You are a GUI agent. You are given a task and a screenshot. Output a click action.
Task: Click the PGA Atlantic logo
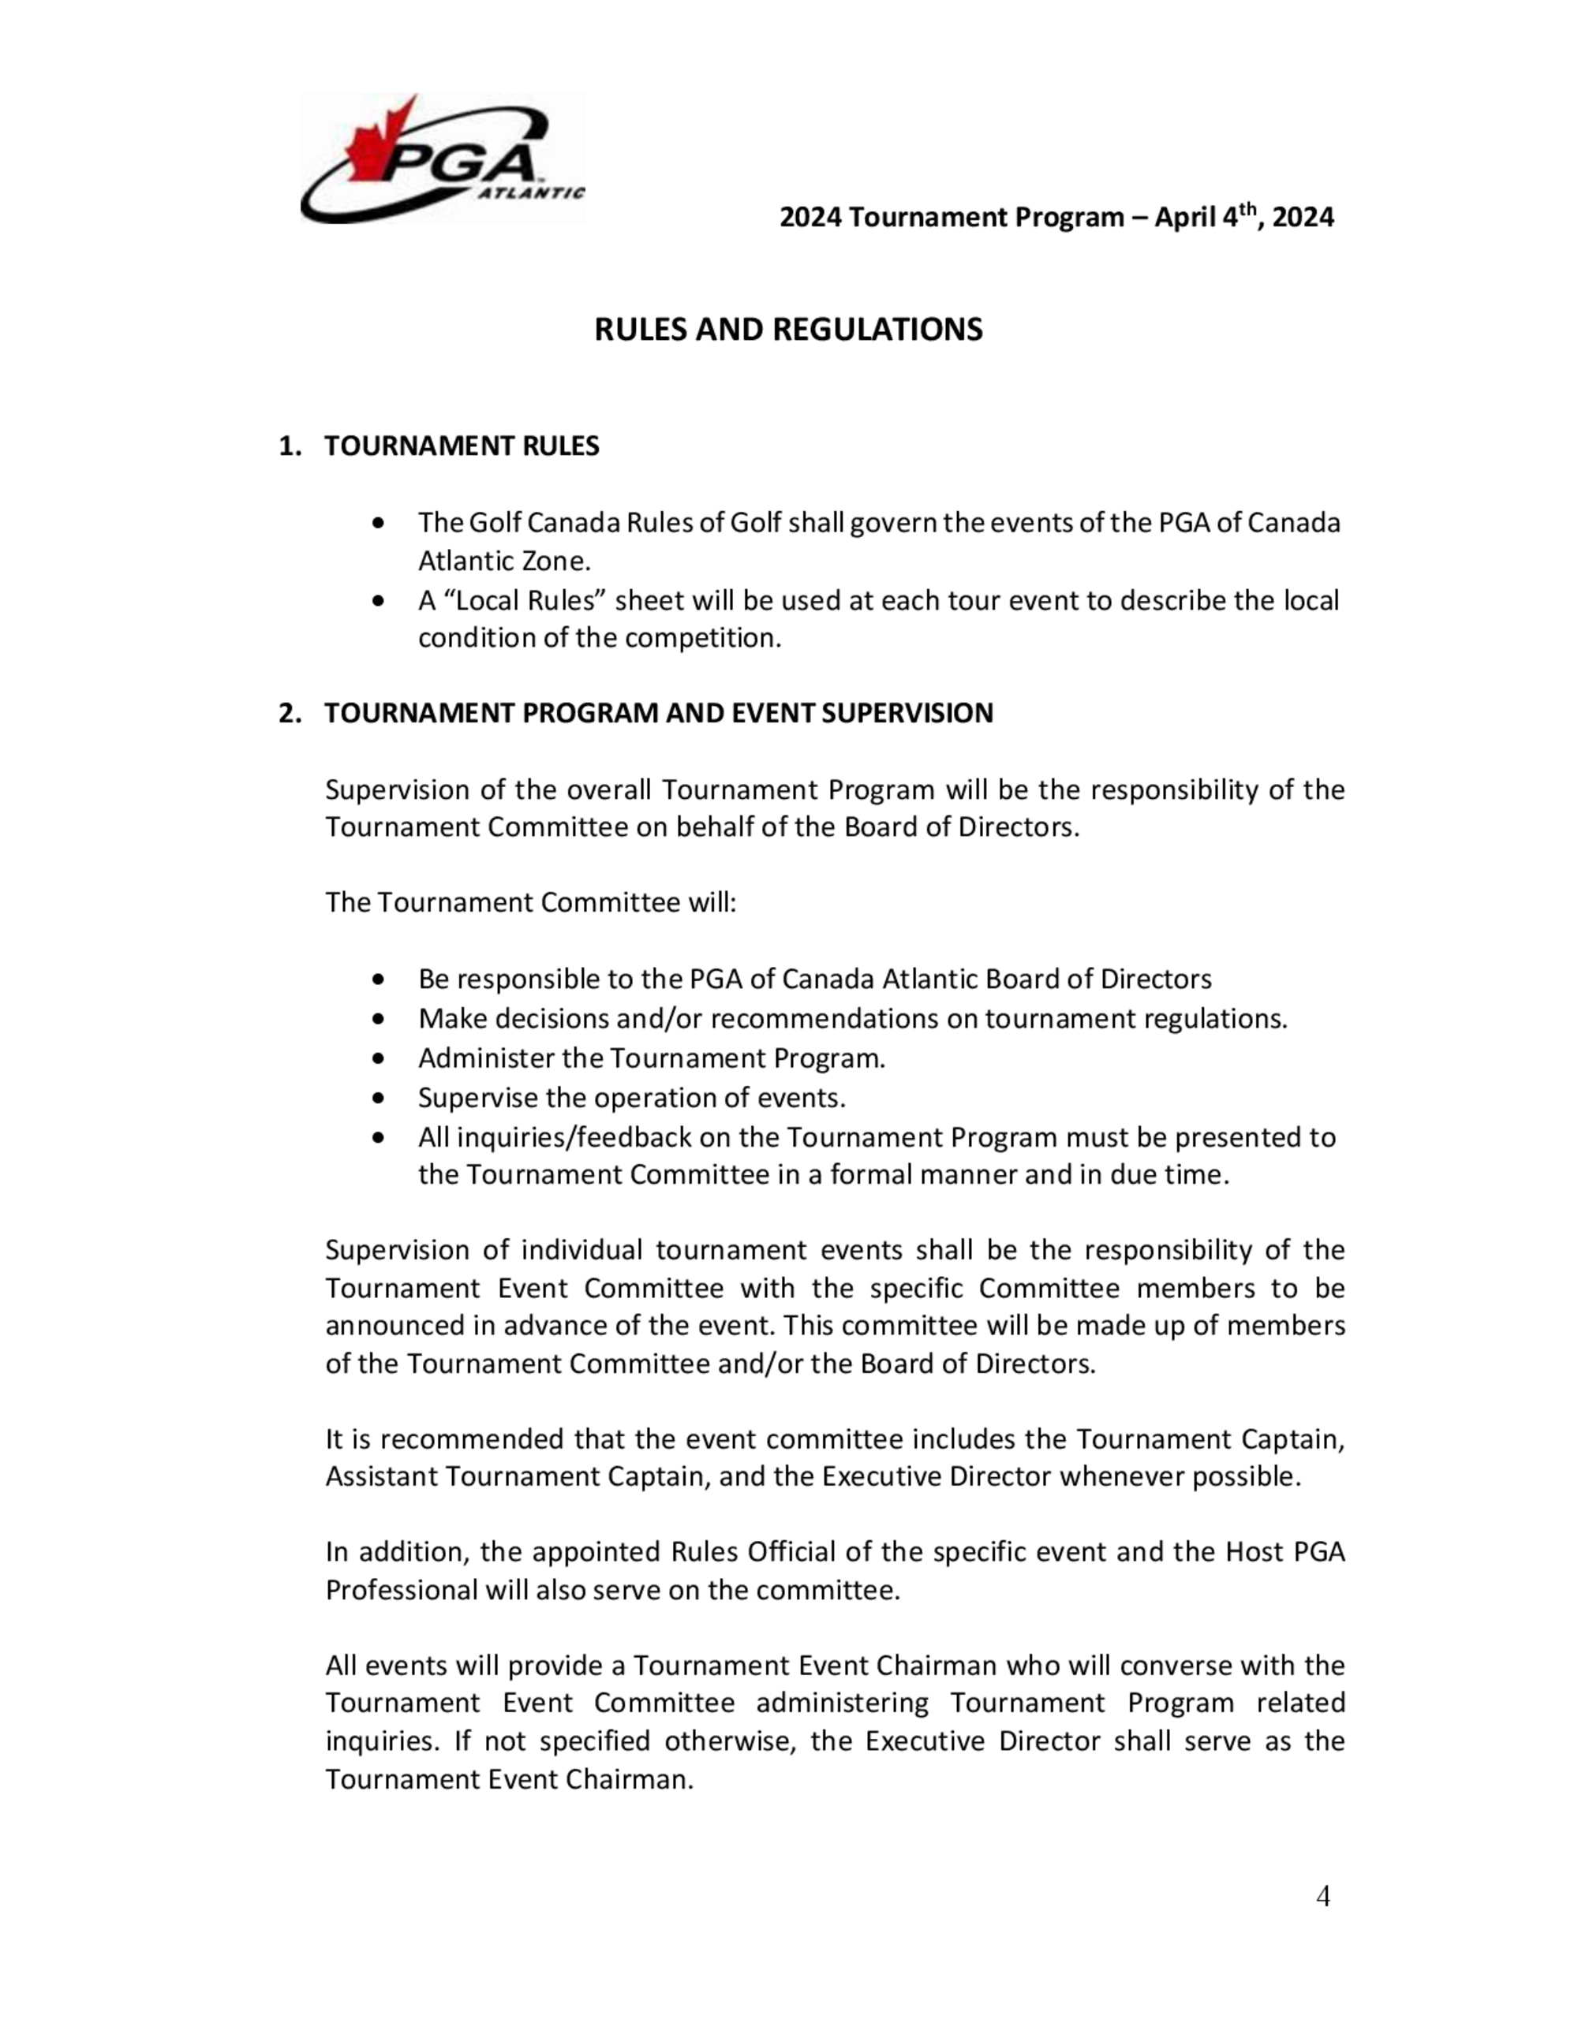coord(441,159)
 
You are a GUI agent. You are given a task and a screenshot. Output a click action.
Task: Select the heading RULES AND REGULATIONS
coord(788,330)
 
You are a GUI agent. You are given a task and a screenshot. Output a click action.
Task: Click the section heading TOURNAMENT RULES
coord(462,446)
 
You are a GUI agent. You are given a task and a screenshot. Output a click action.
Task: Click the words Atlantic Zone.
coord(504,561)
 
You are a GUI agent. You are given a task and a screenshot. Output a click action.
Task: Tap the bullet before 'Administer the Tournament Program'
coord(378,1059)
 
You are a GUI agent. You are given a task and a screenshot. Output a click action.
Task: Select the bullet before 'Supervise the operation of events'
coord(378,1098)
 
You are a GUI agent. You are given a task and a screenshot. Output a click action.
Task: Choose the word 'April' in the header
coord(1185,218)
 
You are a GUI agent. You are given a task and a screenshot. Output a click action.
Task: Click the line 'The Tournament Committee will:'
coord(531,903)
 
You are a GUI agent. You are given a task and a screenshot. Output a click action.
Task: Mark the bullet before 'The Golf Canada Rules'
coord(378,524)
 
